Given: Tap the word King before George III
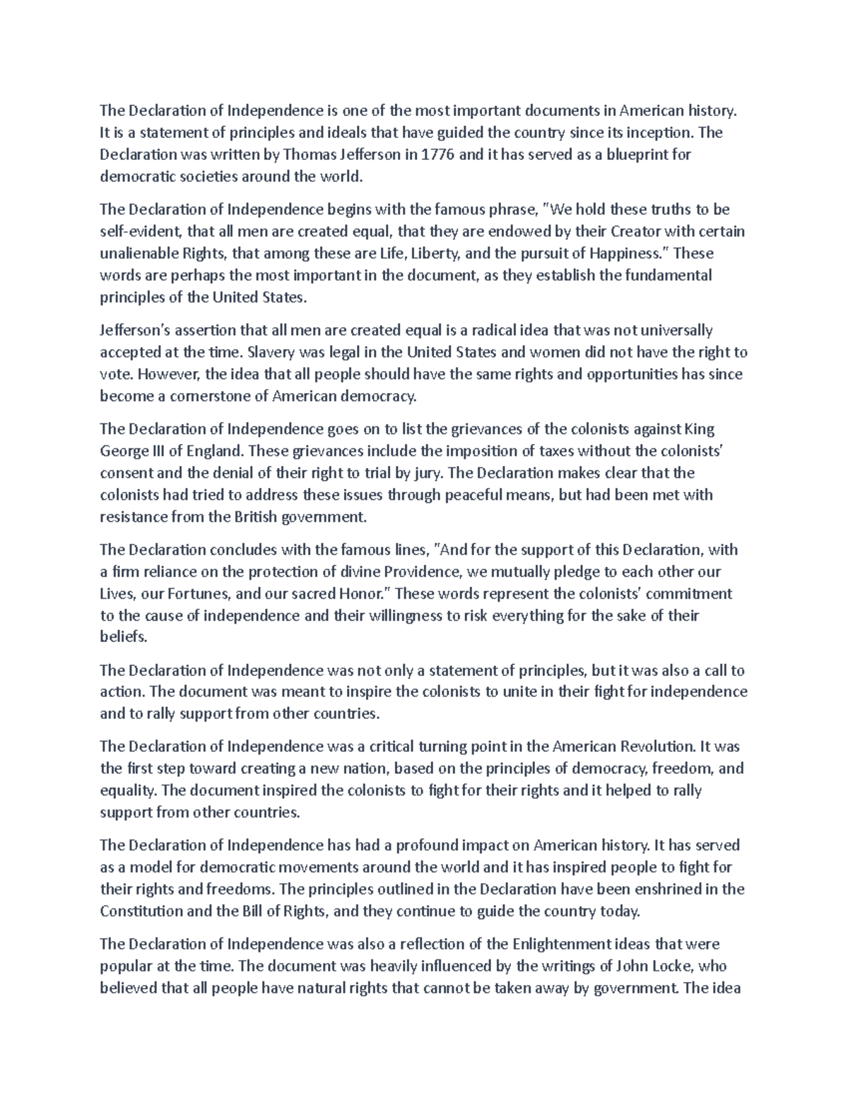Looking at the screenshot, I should [700, 429].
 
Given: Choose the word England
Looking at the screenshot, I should [213, 451].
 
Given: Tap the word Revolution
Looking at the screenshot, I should [657, 747].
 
